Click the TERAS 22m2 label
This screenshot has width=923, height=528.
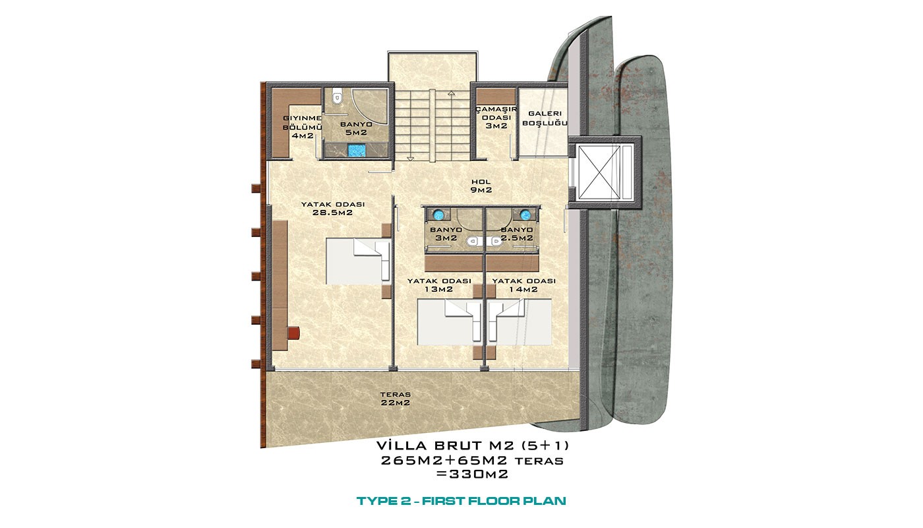click(x=395, y=399)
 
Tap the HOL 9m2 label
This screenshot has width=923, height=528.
click(x=481, y=185)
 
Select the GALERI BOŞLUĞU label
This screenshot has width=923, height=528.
click(x=545, y=118)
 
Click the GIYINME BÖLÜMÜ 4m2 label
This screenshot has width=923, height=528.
click(x=302, y=127)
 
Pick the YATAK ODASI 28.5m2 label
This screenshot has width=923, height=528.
click(x=332, y=209)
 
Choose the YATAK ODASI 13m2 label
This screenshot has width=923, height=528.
click(x=439, y=285)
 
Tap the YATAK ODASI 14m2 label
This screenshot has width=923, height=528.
click(x=523, y=285)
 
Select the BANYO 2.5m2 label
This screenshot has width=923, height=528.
click(x=517, y=234)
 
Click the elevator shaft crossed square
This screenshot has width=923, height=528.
click(x=599, y=172)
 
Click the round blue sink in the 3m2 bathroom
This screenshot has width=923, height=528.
click(x=438, y=215)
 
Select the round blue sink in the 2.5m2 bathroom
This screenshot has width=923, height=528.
click(x=525, y=215)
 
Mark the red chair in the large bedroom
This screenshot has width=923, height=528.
click(x=293, y=333)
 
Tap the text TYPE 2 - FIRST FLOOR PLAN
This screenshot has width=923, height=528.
click(x=461, y=501)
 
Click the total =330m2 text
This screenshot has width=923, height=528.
click(x=472, y=475)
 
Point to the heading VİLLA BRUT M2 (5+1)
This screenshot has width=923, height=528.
click(x=473, y=445)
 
